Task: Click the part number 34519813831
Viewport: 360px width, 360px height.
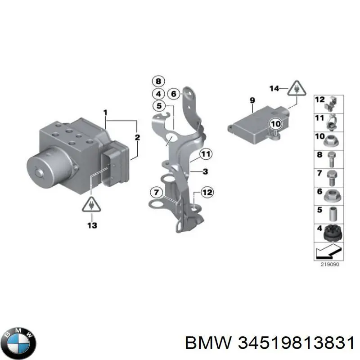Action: click(x=296, y=343)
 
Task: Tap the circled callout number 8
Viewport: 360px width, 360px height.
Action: click(x=158, y=81)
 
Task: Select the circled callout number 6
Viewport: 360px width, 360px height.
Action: click(x=174, y=94)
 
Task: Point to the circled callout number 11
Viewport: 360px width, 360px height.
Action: click(x=206, y=154)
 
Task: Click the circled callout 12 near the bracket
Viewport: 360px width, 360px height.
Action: click(x=207, y=192)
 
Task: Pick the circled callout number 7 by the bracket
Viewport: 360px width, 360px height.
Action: click(x=156, y=192)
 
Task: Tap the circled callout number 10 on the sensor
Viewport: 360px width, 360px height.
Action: click(x=275, y=124)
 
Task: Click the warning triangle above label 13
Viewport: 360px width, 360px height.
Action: click(x=91, y=204)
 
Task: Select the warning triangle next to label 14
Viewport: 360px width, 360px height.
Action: click(x=297, y=88)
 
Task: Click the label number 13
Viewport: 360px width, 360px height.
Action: click(x=92, y=225)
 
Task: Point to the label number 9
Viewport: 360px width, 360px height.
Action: click(x=252, y=100)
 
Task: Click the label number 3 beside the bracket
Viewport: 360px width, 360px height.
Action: click(x=205, y=171)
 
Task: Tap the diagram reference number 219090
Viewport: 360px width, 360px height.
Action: click(x=330, y=265)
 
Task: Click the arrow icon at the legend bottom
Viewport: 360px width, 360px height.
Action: click(x=328, y=251)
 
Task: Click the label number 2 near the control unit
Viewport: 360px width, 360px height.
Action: click(x=137, y=137)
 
